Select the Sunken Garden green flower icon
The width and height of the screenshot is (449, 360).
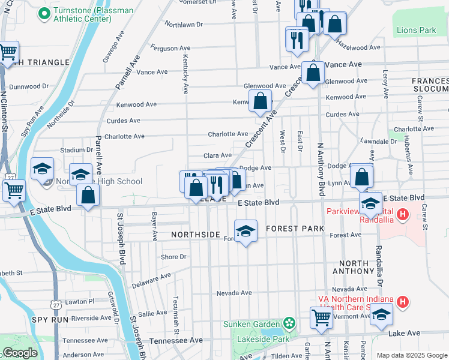(x=290, y=323)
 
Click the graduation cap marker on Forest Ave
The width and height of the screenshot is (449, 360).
(x=245, y=231)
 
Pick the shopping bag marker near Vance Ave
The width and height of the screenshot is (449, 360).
(x=313, y=73)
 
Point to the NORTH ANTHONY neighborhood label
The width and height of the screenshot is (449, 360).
(x=354, y=268)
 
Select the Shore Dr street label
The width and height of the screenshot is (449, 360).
(x=173, y=257)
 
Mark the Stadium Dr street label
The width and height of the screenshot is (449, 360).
(x=76, y=150)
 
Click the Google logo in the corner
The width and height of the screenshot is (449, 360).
(x=20, y=353)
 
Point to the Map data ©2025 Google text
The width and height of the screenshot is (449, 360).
(x=411, y=355)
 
